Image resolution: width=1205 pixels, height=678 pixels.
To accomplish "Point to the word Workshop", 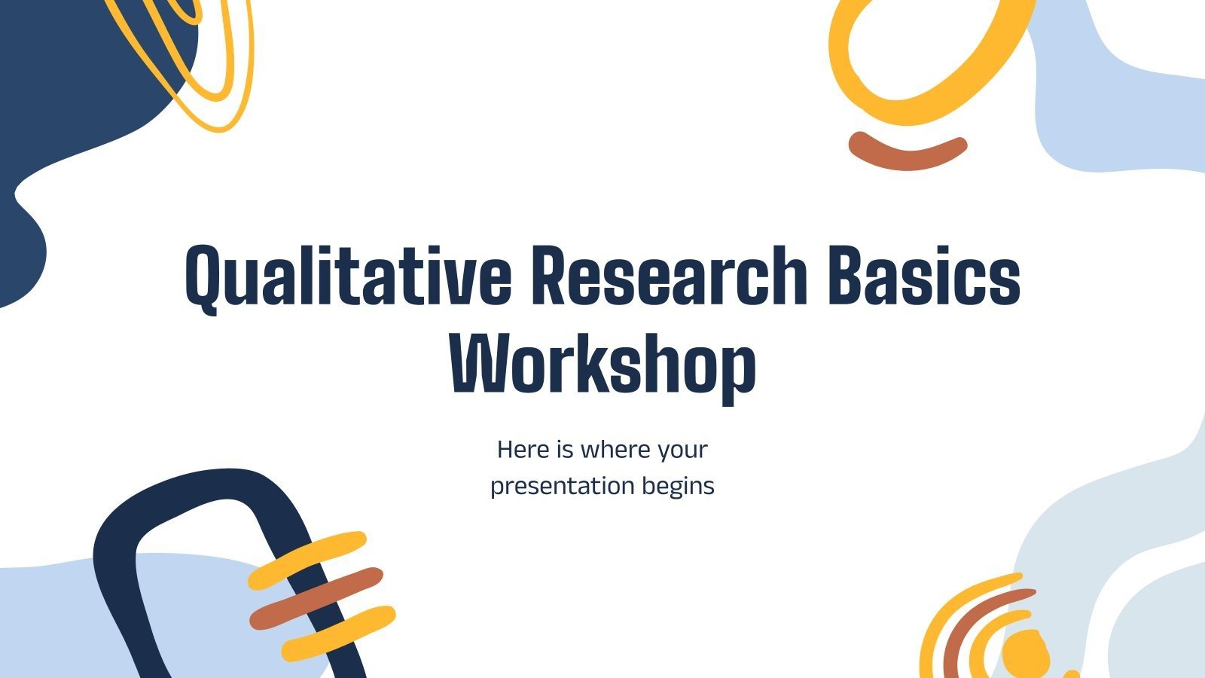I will pyautogui.click(x=602, y=367).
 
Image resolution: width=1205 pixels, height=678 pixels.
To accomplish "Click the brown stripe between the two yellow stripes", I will pyautogui.click(x=316, y=598).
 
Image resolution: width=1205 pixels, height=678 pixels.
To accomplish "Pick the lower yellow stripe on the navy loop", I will pyautogui.click(x=339, y=633).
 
